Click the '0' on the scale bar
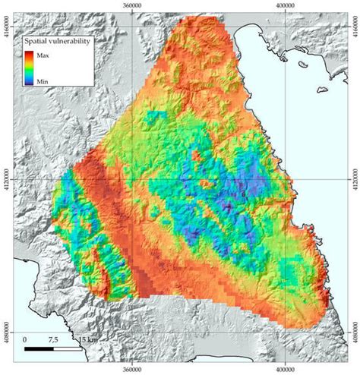coord(26,339)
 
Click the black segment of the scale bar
coord(39,349)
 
